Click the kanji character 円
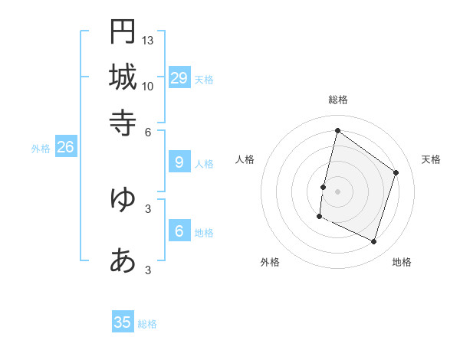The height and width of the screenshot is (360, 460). coord(123,31)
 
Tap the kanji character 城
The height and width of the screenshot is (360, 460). coord(123,77)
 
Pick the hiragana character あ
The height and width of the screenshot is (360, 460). coord(123,261)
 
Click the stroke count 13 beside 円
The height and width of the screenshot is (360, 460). coord(148,40)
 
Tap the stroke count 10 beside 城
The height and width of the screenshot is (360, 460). coord(148,86)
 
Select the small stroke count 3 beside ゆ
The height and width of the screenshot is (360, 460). coord(148,208)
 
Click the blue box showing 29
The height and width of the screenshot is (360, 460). coord(179,78)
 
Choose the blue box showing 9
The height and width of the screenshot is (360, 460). coord(179,162)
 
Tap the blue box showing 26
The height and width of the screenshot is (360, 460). coord(65,148)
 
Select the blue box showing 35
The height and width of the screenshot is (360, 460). coord(123,322)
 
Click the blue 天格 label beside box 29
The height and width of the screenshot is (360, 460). coord(203,80)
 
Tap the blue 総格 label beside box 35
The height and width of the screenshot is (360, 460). coord(147,324)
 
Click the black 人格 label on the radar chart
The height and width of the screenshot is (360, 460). coord(245,159)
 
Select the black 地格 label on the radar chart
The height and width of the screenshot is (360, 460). coord(402,262)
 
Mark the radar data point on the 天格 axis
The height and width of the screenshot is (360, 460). coord(396,172)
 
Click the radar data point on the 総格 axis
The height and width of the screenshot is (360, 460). coord(337,130)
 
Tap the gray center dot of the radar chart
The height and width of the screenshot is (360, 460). coord(337,191)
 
